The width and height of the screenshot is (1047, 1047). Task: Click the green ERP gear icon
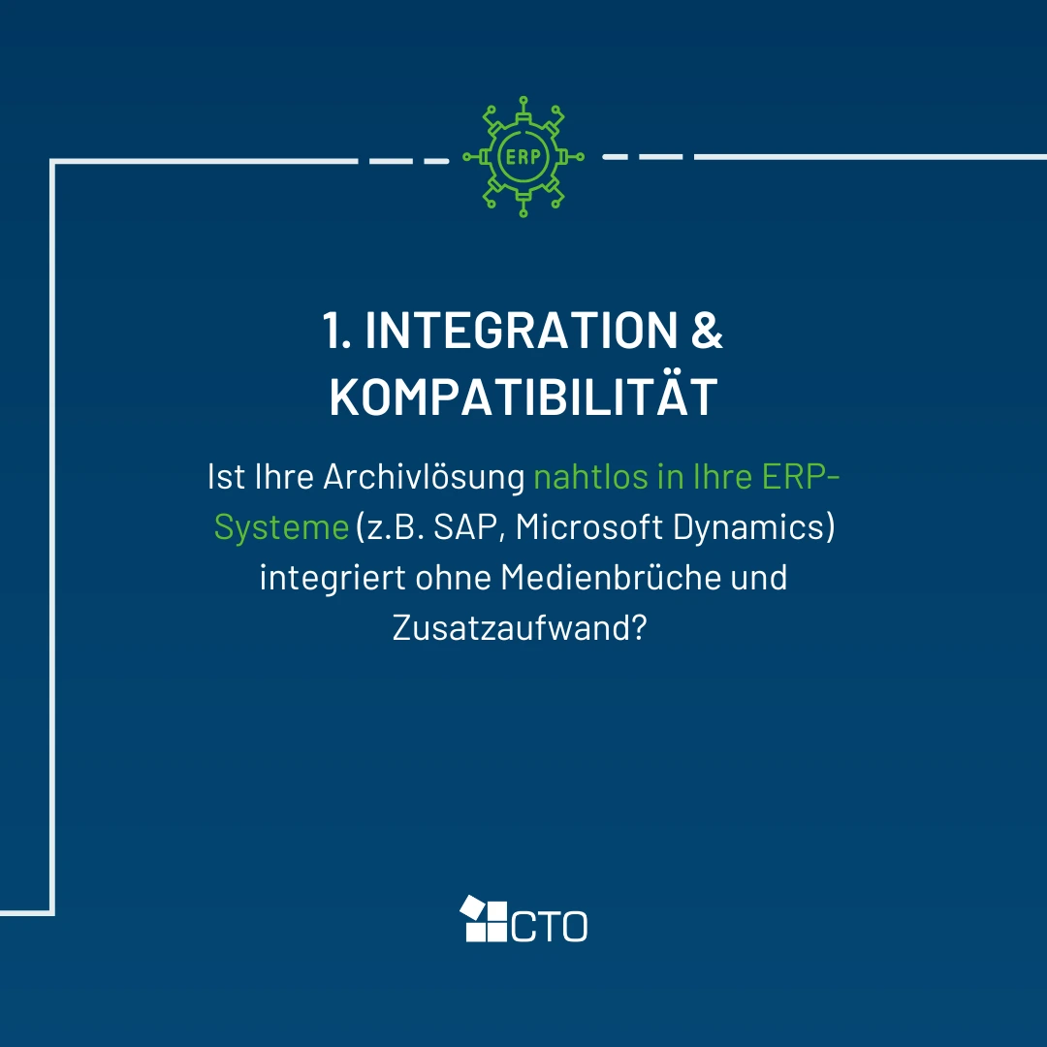point(523,156)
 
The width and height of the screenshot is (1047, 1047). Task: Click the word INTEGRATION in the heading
point(521,330)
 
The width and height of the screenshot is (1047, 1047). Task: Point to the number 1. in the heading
point(336,330)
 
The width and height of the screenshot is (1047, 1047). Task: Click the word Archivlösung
point(424,477)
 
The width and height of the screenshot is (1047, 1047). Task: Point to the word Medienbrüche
point(611,577)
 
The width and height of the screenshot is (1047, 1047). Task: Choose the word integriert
point(333,578)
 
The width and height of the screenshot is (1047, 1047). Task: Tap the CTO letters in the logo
point(550,926)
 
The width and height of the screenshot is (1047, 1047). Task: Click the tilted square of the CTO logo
point(473,907)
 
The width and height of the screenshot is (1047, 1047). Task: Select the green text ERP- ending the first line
point(800,477)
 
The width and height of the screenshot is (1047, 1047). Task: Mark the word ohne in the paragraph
point(454,577)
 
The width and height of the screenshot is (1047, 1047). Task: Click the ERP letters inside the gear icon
point(523,157)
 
